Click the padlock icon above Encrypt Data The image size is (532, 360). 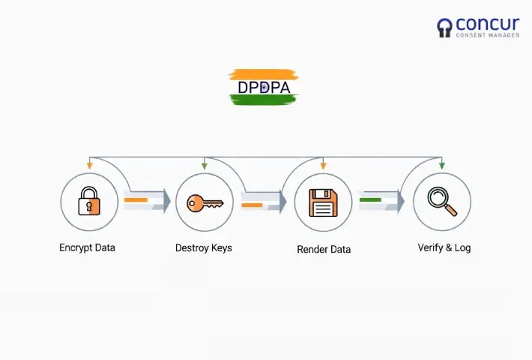coord(89,202)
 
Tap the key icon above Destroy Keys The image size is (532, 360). coord(205,202)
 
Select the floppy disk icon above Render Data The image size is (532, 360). coord(323,202)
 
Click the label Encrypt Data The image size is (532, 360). coord(87,247)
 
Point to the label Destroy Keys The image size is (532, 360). coord(204,247)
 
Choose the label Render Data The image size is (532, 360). coord(324,249)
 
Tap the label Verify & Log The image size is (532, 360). coord(444,247)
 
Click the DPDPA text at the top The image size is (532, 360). coord(264,87)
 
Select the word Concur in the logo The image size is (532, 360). coord(489,25)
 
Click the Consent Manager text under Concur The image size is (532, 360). coord(488,35)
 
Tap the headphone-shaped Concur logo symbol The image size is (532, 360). coord(445,28)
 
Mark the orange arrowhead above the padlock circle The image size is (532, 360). coord(89,164)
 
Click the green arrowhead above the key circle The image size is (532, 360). coord(205,164)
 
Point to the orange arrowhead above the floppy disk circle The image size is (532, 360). coord(323,164)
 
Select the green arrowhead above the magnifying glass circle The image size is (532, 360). coord(441,164)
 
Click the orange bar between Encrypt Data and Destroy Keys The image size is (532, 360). coord(136,200)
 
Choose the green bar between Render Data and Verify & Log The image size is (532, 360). coord(370,200)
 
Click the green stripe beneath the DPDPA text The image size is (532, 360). coord(264,99)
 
